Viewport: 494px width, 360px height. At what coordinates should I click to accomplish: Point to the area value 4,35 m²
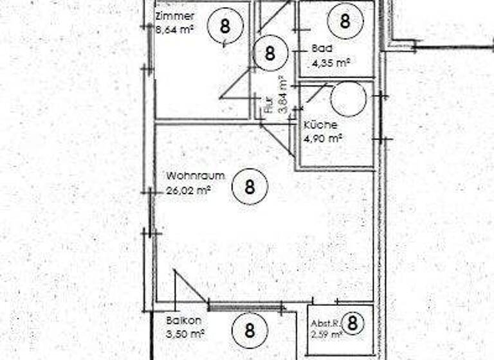click(x=330, y=63)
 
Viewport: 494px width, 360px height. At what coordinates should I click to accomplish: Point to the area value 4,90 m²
click(x=324, y=138)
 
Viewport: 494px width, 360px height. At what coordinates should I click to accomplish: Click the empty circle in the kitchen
click(x=348, y=98)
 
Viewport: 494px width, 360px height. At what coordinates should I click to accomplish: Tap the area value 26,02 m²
click(x=188, y=190)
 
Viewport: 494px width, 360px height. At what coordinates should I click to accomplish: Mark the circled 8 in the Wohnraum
click(x=249, y=187)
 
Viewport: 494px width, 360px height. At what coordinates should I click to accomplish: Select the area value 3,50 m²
click(x=185, y=334)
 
